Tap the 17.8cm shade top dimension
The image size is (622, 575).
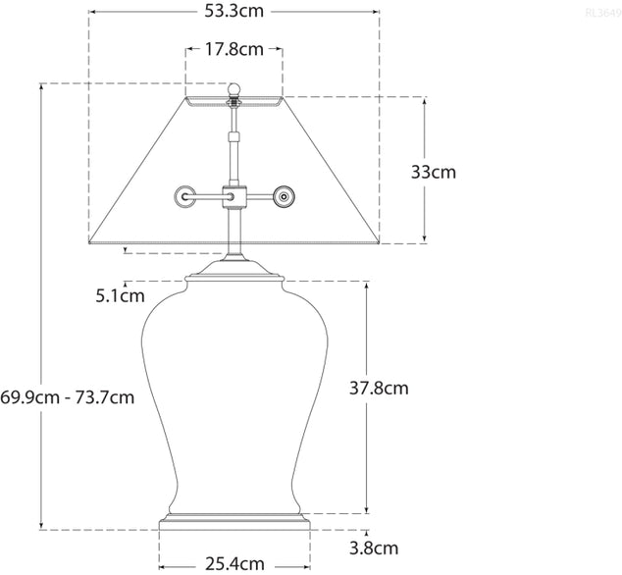233,49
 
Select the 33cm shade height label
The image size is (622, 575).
434,173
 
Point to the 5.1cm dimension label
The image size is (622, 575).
120,294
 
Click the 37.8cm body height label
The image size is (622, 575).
379,389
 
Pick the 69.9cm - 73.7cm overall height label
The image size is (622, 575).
67,397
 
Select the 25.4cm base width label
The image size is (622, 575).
234,564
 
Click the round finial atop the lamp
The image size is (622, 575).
234,89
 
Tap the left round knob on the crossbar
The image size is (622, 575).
184,197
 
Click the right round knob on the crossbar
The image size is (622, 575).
285,197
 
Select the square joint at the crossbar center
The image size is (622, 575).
234,196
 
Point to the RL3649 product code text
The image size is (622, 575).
600,13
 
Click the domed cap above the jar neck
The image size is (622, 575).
234,269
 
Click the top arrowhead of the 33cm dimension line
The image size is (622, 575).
424,100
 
